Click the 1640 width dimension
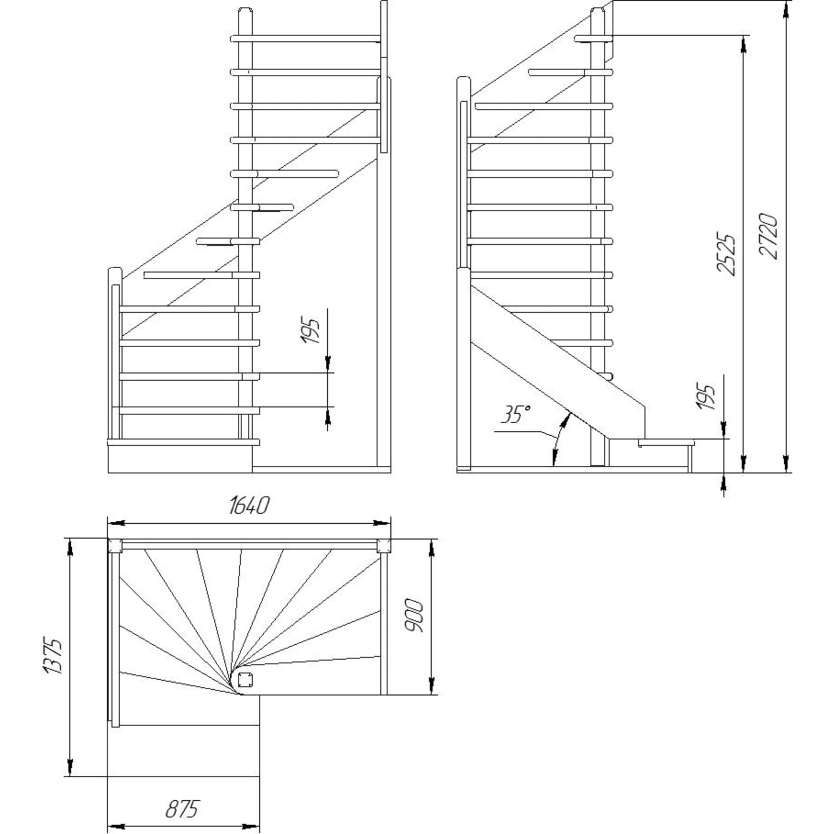click(249, 505)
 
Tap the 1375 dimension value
click(53, 656)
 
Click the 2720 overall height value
click(769, 236)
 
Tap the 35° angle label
click(515, 414)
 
